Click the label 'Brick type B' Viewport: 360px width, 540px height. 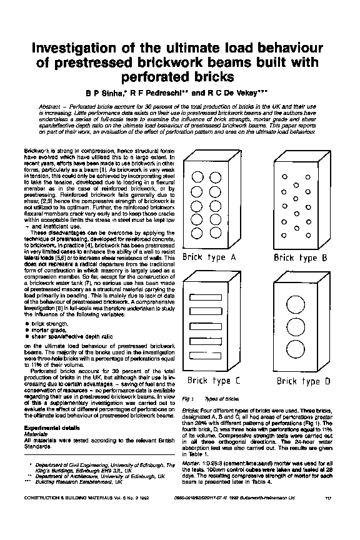[x=301, y=257]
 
